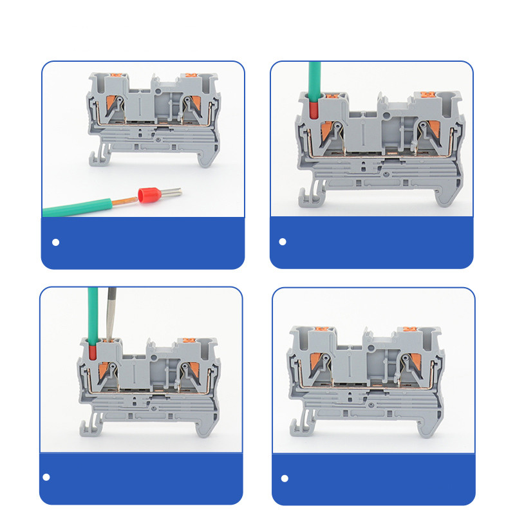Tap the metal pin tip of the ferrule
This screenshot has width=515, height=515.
[173, 191]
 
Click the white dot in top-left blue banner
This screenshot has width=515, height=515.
[55, 242]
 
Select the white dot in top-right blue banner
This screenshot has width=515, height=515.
[282, 242]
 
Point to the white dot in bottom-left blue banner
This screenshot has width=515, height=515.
[46, 477]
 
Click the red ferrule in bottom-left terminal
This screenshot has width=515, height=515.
[93, 351]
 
